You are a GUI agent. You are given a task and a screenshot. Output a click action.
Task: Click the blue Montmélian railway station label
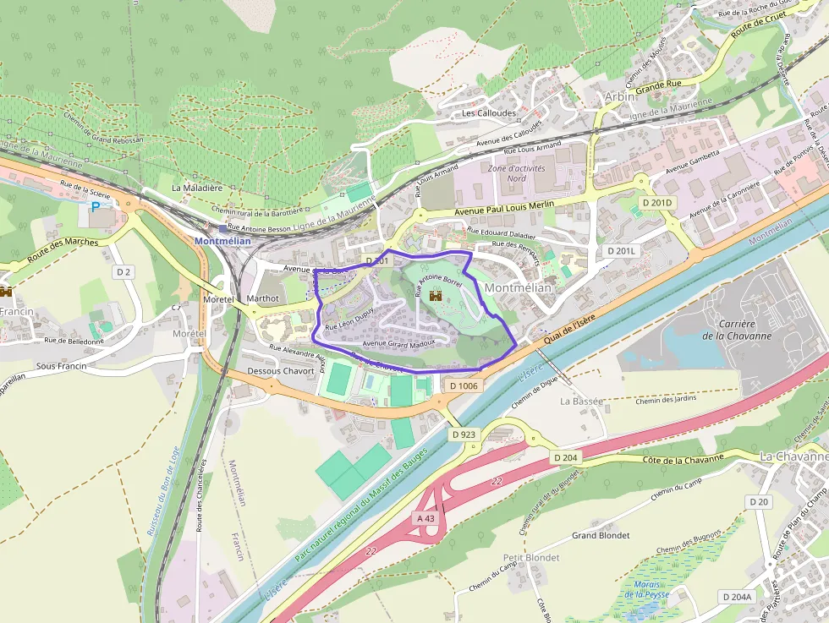222,241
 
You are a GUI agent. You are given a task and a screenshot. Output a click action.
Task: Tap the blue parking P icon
96,205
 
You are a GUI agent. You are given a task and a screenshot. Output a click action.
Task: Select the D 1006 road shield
464,385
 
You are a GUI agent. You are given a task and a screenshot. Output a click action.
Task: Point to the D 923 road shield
464,434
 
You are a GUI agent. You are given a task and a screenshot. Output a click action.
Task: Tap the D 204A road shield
737,597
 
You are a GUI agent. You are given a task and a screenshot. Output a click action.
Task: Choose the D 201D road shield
656,203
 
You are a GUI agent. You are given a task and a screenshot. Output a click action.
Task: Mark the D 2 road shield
124,271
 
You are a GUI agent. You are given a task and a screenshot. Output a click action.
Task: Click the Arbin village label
620,97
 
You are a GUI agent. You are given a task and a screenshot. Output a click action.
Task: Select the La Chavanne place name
793,456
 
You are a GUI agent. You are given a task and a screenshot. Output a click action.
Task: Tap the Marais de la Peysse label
646,589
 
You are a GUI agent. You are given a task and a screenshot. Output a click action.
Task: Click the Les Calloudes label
489,112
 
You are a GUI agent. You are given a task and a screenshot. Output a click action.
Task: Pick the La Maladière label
197,188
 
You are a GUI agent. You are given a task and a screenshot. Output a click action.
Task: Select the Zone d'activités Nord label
517,173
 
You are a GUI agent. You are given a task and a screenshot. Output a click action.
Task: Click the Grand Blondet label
601,535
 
